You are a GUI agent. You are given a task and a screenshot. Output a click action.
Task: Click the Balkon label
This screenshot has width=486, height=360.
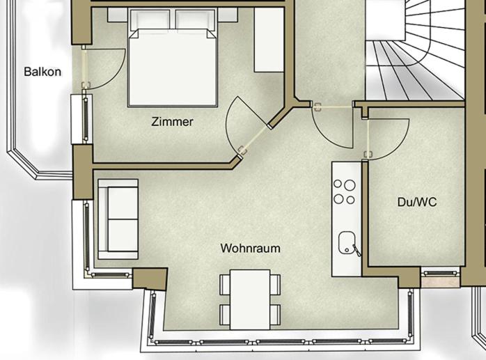[42, 72]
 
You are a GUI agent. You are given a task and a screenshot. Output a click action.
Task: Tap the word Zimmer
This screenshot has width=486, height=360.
[172, 122]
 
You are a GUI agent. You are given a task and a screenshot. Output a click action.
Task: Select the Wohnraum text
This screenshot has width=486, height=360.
[251, 249]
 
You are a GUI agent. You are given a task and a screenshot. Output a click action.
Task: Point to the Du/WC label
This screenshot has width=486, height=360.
[417, 202]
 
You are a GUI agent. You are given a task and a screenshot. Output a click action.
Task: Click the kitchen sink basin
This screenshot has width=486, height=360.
[346, 242]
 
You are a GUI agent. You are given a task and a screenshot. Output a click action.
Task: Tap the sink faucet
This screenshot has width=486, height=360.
[356, 251]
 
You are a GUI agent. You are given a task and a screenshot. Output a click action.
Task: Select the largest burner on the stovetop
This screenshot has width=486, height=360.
[350, 185]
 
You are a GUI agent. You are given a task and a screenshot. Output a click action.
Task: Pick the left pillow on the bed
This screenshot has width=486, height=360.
[150, 19]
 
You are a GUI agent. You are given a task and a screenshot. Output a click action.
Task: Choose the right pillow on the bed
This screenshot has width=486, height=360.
[195, 19]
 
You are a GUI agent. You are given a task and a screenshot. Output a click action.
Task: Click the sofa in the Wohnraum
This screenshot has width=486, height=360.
[118, 219]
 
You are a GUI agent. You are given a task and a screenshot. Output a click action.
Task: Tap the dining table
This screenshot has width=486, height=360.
[250, 299]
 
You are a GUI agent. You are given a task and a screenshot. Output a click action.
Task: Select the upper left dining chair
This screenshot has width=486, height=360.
[225, 284]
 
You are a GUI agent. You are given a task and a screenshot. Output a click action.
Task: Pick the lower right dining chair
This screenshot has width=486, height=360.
[275, 315]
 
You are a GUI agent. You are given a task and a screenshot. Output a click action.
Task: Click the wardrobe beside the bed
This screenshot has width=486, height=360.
[269, 40]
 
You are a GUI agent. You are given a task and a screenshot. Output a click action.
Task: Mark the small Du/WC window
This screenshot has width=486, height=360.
[441, 273]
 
